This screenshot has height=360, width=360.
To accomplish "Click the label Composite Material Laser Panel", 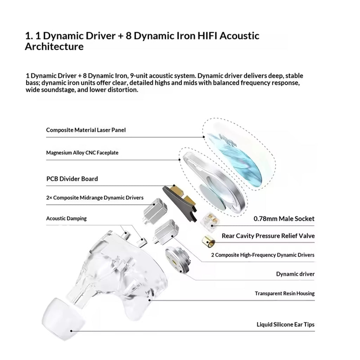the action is point(86,130).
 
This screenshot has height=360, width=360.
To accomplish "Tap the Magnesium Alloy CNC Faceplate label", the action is point(82,153).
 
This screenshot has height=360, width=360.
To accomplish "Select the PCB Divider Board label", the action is point(72,179).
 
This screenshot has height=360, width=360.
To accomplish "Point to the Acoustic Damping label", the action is point(66,218).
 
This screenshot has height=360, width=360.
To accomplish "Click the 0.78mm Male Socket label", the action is point(284,219).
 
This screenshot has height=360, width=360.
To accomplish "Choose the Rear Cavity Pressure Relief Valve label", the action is point(268,236).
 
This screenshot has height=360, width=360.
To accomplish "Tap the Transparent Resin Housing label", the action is point(285,294).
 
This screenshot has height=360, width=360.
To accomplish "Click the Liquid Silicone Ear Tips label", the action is point(285,324).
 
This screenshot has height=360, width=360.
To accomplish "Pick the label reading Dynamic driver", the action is point(295,274).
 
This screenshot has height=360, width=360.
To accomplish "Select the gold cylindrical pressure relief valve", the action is point(208,241).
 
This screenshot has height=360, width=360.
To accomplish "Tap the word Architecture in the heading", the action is point(54,46).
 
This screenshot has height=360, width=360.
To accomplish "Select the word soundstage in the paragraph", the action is point(50,90).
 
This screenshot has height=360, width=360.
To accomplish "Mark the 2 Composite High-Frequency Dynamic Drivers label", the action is point(263,255).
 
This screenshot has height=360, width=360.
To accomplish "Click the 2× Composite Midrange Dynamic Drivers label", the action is point(95,198).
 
